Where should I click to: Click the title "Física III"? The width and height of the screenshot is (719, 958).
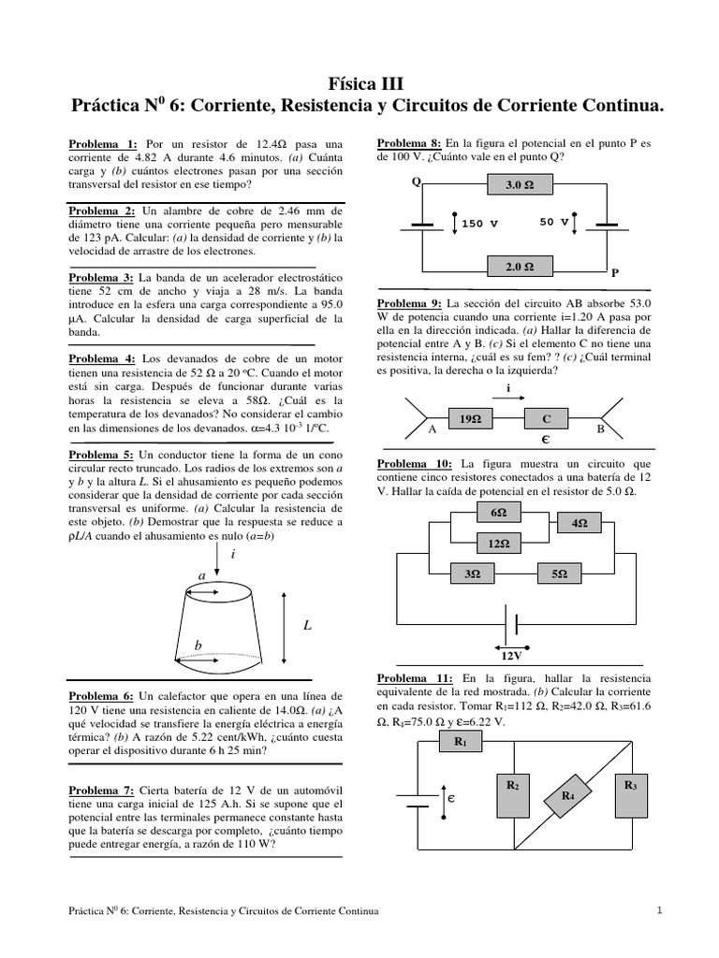pos(360,83)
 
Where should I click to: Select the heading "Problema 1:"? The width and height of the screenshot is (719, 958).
pos(103,143)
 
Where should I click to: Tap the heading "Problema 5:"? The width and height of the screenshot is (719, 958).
pos(103,455)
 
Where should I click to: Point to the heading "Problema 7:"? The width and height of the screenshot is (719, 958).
pos(103,791)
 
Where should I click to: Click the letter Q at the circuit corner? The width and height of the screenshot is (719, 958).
pos(416,181)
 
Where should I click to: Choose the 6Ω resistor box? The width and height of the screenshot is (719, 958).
pos(497,514)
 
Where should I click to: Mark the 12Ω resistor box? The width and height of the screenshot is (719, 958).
pos(497,544)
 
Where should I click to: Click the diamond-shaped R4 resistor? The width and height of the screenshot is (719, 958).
pos(568,795)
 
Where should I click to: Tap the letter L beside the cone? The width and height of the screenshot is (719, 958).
pos(306,626)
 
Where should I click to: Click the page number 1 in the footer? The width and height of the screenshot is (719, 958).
pos(659,910)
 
